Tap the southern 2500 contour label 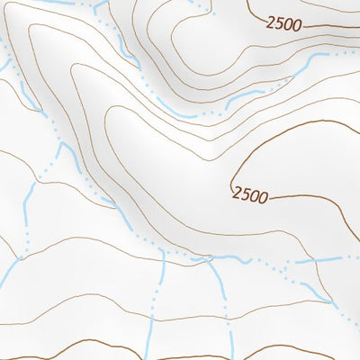(249, 193)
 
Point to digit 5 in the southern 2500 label (245, 193)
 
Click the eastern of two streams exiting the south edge (231, 346)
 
